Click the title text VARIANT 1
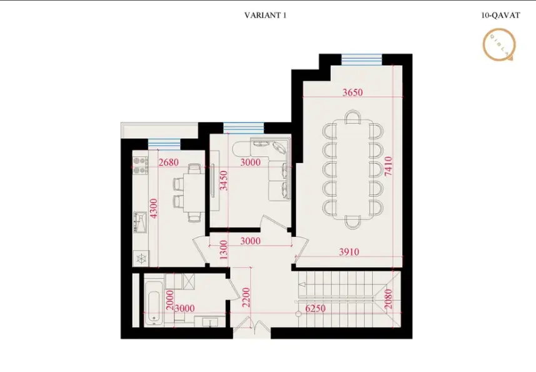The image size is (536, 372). pyautogui.click(x=265, y=16)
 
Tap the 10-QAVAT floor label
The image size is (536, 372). pyautogui.click(x=500, y=16)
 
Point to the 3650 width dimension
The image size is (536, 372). pyautogui.click(x=353, y=93)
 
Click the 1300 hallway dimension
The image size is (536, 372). pyautogui.click(x=223, y=250)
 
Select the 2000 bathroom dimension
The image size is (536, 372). pyautogui.click(x=169, y=303)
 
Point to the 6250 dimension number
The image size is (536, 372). pyautogui.click(x=317, y=308)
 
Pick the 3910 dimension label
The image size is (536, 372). pyautogui.click(x=348, y=252)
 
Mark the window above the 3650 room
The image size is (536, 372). pyautogui.click(x=362, y=59)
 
